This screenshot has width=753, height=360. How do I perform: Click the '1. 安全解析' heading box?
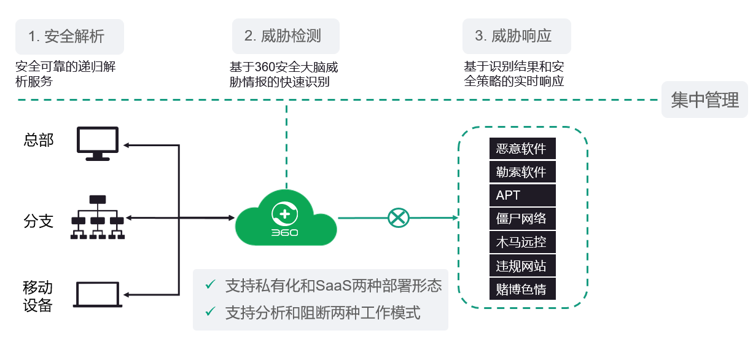pyautogui.click(x=69, y=37)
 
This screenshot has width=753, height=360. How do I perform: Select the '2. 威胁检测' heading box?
pyautogui.click(x=286, y=36)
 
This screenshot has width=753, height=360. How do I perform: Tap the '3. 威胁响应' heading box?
pyautogui.click(x=517, y=36)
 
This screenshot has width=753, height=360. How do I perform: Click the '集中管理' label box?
pyautogui.click(x=704, y=100)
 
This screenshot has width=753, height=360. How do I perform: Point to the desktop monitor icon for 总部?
pyautogui.click(x=98, y=144)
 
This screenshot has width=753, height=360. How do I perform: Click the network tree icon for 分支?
pyautogui.click(x=98, y=217)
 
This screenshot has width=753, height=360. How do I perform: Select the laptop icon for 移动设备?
pyautogui.click(x=98, y=294)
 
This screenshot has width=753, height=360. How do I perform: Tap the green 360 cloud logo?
pyautogui.click(x=286, y=218)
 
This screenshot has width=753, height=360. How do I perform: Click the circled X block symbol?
pyautogui.click(x=399, y=218)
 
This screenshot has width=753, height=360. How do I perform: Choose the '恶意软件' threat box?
pyautogui.click(x=523, y=148)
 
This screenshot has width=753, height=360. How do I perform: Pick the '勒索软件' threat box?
pyautogui.click(x=523, y=172)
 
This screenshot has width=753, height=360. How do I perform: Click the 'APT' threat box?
pyautogui.click(x=523, y=195)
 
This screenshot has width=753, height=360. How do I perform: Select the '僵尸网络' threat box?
pyautogui.click(x=523, y=219)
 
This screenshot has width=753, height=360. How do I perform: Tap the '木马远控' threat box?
pyautogui.click(x=523, y=242)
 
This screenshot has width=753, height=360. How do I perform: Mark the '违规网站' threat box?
pyautogui.click(x=523, y=265)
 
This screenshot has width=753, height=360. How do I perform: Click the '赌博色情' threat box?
pyautogui.click(x=523, y=289)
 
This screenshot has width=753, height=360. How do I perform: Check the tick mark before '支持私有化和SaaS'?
pyautogui.click(x=211, y=284)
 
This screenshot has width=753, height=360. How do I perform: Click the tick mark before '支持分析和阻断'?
pyautogui.click(x=211, y=311)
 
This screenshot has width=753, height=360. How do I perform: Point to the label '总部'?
pyautogui.click(x=39, y=140)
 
